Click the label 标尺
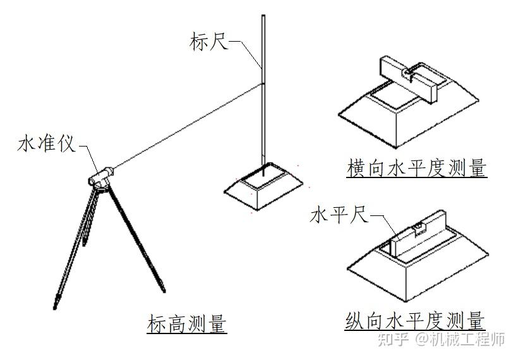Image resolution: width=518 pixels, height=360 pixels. [209, 42]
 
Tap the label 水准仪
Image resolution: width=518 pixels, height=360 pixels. [46, 145]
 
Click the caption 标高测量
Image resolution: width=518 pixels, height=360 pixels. [187, 323]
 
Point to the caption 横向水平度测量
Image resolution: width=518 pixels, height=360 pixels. [417, 168]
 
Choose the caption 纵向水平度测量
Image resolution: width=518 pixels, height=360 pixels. [415, 320]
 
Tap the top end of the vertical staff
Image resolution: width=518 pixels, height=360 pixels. [263, 16]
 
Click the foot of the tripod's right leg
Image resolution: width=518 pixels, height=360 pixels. [164, 291]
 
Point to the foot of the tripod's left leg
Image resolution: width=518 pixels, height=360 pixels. [55, 308]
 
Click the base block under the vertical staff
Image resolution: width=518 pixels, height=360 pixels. [263, 186]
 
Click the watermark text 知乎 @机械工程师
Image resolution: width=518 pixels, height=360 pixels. [441, 340]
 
